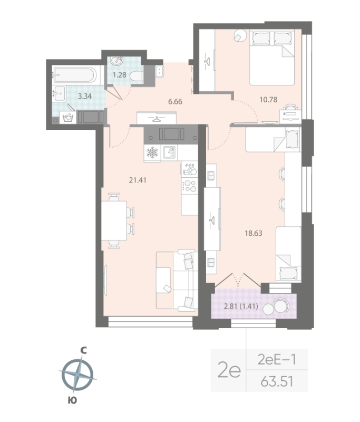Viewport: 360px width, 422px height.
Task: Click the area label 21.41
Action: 137,179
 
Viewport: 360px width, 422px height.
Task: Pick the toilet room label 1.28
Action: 119,75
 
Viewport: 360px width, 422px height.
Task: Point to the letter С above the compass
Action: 83,349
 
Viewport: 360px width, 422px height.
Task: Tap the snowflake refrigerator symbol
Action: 152,153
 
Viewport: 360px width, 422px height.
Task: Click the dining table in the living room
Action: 114,221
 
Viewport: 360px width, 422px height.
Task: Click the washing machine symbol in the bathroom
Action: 67,117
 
